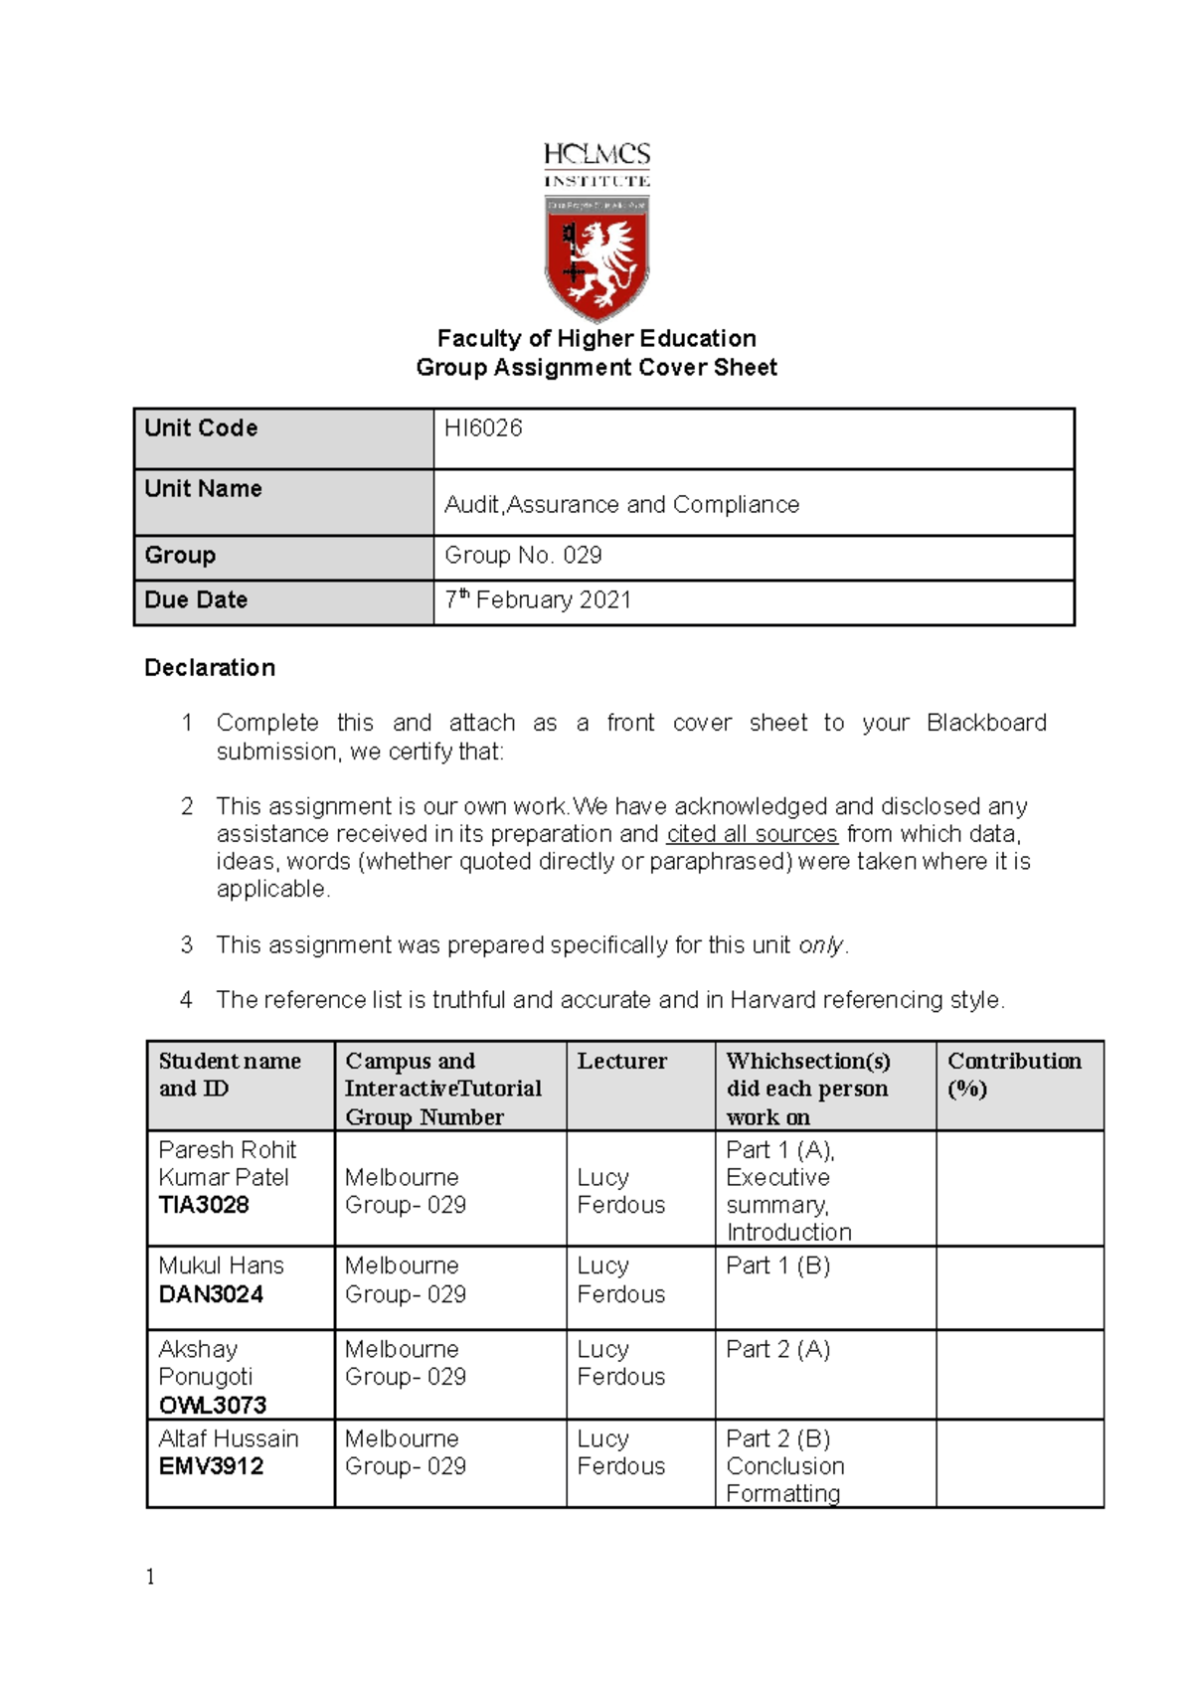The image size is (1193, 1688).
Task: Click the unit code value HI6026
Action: point(483,428)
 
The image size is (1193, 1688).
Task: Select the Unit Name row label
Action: point(203,489)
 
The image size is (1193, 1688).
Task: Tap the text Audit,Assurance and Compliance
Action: point(621,505)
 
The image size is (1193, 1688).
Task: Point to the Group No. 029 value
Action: point(523,556)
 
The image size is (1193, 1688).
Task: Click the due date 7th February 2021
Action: point(538,600)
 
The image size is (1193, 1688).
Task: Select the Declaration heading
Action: point(210,668)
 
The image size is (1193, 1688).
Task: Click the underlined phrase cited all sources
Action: point(752,834)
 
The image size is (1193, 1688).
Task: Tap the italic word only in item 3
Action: point(820,945)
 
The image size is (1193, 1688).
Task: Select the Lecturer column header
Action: point(622,1062)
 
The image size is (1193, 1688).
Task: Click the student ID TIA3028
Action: point(204,1205)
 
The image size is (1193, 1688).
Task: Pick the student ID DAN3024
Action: point(211,1294)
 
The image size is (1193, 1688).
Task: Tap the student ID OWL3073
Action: point(213,1406)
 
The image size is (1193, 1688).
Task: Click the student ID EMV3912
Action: point(211,1466)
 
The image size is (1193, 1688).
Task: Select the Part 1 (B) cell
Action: point(777,1266)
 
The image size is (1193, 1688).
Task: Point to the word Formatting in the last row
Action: point(782,1493)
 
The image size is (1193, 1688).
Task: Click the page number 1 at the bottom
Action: point(150,1578)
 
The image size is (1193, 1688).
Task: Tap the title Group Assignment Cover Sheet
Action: point(596,368)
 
